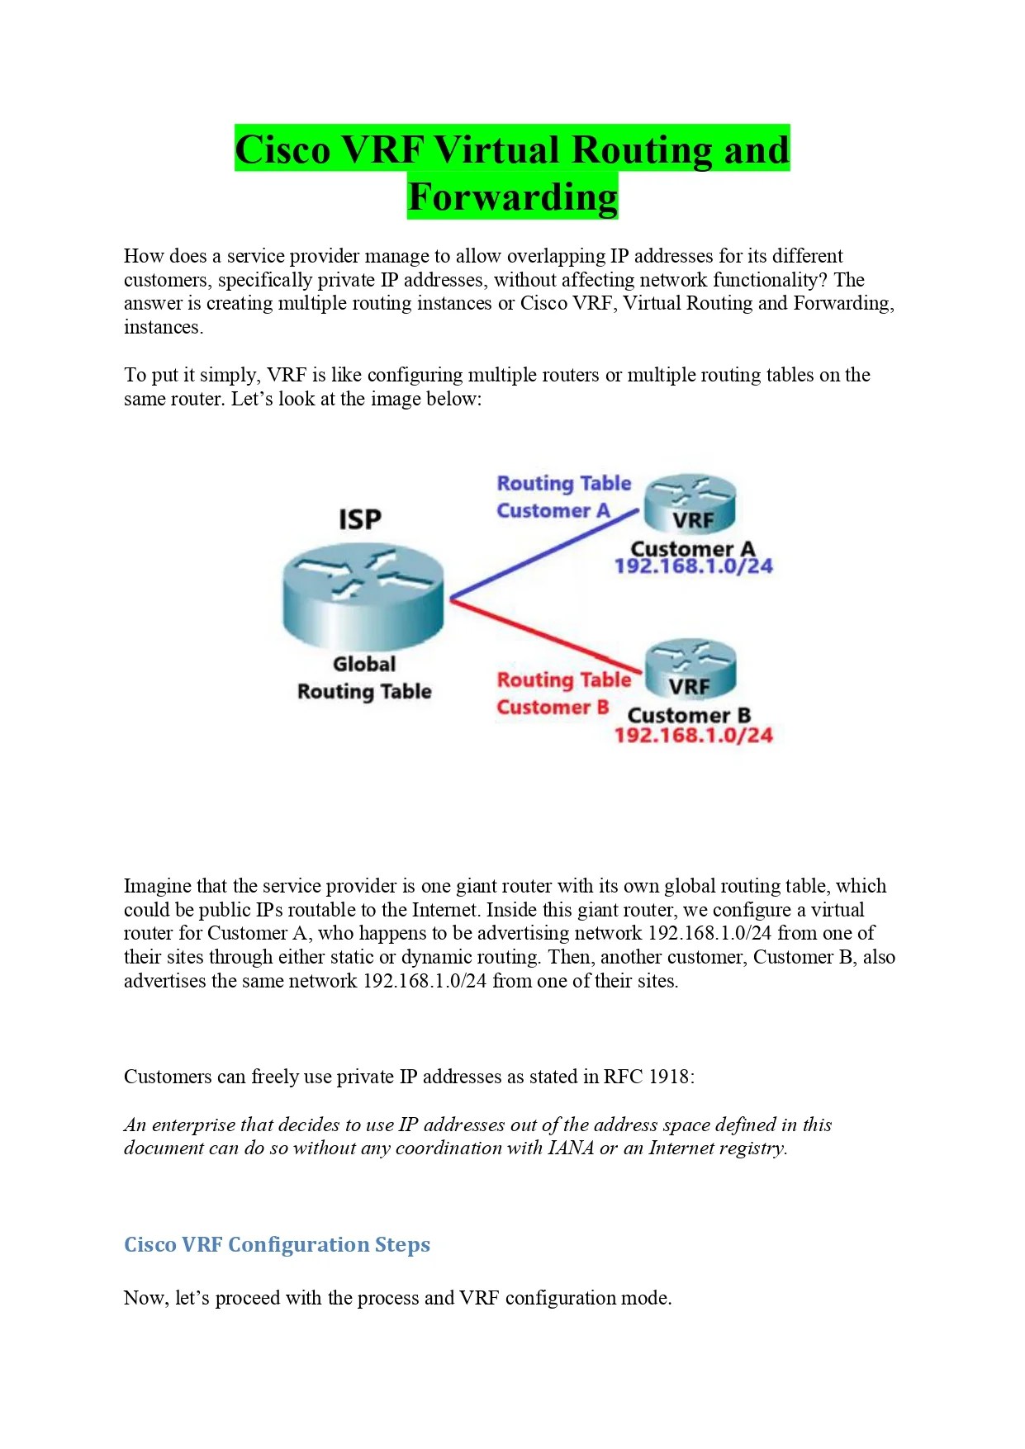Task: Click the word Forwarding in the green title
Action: pos(512,197)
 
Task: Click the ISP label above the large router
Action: pos(360,519)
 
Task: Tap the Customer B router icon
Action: pos(690,669)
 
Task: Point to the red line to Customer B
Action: pos(545,634)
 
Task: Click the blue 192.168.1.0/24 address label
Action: pos(693,566)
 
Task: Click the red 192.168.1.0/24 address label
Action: pos(693,735)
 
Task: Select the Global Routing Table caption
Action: pos(364,678)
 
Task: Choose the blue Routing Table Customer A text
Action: pos(563,497)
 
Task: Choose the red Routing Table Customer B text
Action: pos(563,694)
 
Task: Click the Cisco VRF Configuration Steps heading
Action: pos(277,1244)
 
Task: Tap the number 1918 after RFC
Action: pos(670,1077)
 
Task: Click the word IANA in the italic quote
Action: pos(571,1148)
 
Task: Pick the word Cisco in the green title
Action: pos(282,150)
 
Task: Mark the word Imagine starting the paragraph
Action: pos(157,886)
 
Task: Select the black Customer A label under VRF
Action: pos(692,549)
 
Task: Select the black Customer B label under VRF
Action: pos(689,715)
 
